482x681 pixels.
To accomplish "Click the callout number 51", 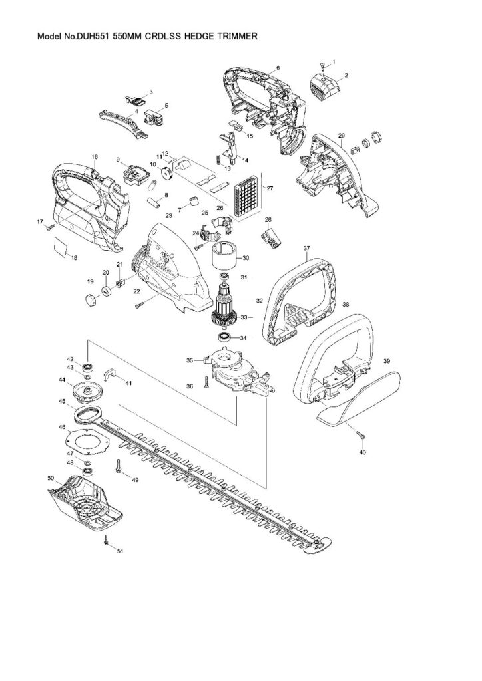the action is click(x=120, y=551).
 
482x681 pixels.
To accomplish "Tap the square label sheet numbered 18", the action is click(x=61, y=245).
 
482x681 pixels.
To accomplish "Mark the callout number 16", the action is click(x=95, y=157).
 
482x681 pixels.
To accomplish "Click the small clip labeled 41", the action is click(x=111, y=374).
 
